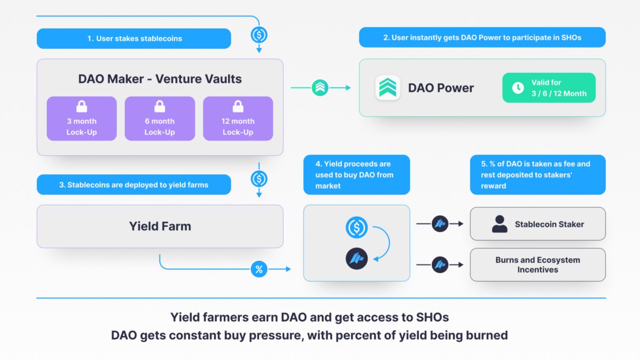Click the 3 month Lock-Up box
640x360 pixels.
pyautogui.click(x=82, y=118)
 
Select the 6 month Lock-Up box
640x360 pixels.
pyautogui.click(x=159, y=118)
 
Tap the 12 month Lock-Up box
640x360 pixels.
pyautogui.click(x=238, y=118)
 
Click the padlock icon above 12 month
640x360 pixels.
pyautogui.click(x=238, y=106)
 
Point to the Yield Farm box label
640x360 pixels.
pyautogui.click(x=160, y=226)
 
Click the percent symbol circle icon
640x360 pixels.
pyautogui.click(x=259, y=269)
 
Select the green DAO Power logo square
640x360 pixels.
pyautogui.click(x=388, y=87)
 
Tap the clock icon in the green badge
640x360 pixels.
pyautogui.click(x=518, y=87)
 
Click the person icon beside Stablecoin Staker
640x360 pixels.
pyautogui.click(x=499, y=224)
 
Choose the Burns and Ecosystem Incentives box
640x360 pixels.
pyautogui.click(x=538, y=265)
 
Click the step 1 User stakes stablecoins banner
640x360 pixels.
pyautogui.click(x=134, y=38)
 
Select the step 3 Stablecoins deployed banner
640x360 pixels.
pyautogui.click(x=134, y=185)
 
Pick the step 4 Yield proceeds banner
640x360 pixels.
pyautogui.click(x=357, y=174)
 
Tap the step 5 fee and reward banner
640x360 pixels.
pyautogui.click(x=538, y=174)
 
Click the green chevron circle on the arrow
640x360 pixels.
pyautogui.click(x=320, y=87)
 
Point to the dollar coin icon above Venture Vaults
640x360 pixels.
pyautogui.click(x=259, y=35)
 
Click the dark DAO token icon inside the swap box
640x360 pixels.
pyautogui.click(x=357, y=259)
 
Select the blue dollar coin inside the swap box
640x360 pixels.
pyautogui.click(x=357, y=227)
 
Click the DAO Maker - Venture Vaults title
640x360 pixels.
pyautogui.click(x=160, y=79)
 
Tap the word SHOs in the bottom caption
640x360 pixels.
pyautogui.click(x=433, y=317)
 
